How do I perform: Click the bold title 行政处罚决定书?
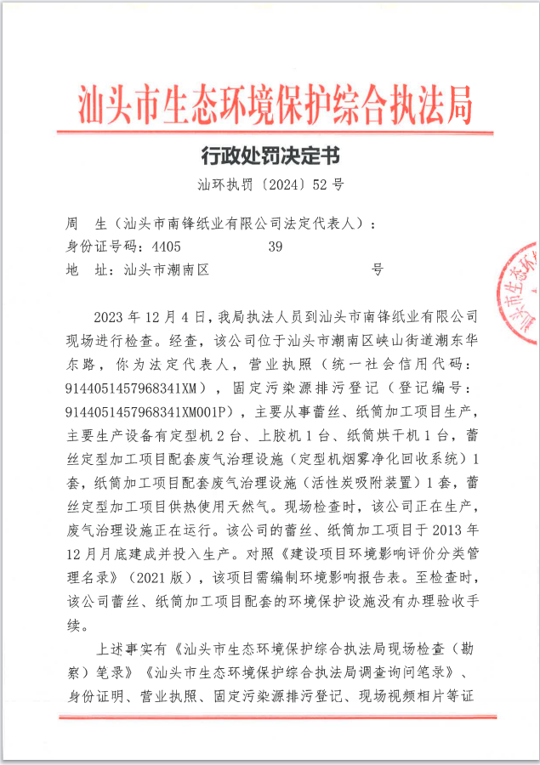pos(271,156)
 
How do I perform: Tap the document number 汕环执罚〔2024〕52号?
pos(270,183)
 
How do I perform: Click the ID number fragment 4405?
pos(165,247)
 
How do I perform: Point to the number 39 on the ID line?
pos(275,247)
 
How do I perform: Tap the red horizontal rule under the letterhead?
pos(275,132)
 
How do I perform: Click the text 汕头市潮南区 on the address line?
pos(167,271)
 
